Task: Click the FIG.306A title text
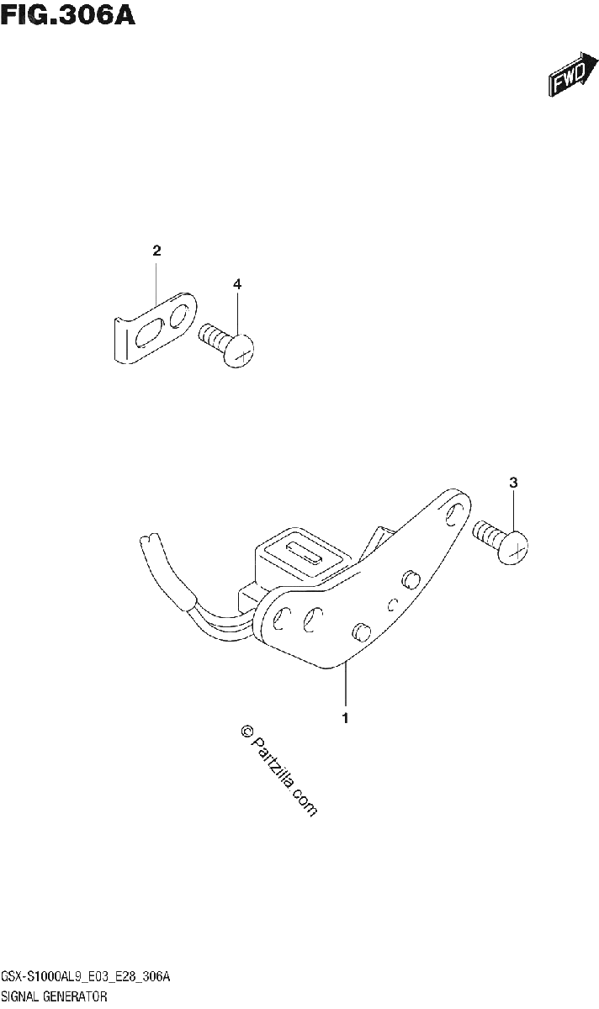pos(67,15)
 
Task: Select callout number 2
pos(156,251)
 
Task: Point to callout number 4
pos(237,284)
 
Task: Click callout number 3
pos(513,483)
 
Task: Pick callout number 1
pos(345,718)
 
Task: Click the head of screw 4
pos(239,351)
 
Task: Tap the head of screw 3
pos(512,547)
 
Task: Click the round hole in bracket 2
pos(179,315)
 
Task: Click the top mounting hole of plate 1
pos(453,515)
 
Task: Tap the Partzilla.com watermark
pos(279,771)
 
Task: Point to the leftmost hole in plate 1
pos(279,619)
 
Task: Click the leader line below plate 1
pos(345,684)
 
